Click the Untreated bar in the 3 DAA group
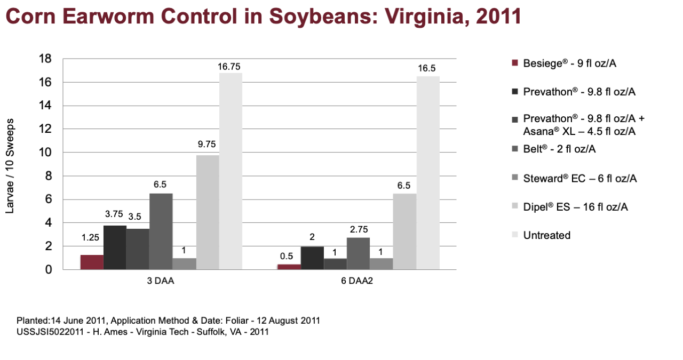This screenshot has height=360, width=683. pos(231,171)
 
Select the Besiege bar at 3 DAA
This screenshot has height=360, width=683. pos(92,262)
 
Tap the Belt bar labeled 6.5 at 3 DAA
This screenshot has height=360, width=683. pos(161,231)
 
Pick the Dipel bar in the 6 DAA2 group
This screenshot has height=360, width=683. pos(404,231)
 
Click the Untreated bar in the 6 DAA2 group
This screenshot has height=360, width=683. pos(428,173)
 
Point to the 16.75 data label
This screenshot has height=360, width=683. pos(229,67)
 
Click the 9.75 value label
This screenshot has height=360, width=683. pos(207,144)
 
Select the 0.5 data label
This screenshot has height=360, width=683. pos(287,256)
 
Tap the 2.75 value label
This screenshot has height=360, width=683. pos(359,229)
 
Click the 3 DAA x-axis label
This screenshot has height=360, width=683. pos(161,281)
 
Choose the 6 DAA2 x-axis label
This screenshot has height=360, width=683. pos(357,281)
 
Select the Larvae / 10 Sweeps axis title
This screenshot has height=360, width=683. pos(10,166)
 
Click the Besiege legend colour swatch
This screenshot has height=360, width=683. pos(515,63)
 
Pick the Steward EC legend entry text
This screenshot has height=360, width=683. pos(580,178)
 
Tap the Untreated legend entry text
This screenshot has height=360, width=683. pos(547,235)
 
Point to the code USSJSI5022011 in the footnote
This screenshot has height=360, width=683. pos(50,332)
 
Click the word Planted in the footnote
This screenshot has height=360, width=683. pos(33,321)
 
